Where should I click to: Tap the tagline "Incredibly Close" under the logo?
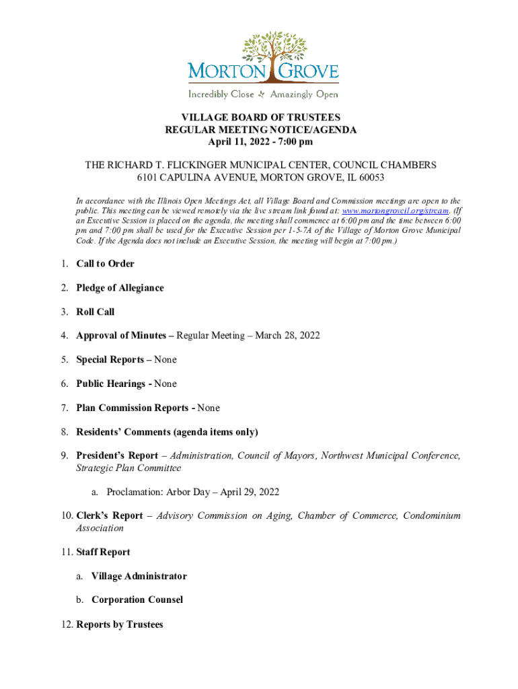pyautogui.click(x=221, y=94)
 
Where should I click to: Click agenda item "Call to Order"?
pyautogui.click(x=105, y=264)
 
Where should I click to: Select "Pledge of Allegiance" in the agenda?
pyautogui.click(x=120, y=288)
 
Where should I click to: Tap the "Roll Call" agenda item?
pyautogui.click(x=96, y=312)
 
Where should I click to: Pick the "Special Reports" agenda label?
pyautogui.click(x=110, y=360)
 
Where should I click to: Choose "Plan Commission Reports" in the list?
pyautogui.click(x=133, y=408)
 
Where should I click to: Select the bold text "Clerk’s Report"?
pyautogui.click(x=110, y=516)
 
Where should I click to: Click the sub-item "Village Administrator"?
pyautogui.click(x=139, y=576)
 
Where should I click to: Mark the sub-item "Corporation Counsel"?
pyautogui.click(x=137, y=600)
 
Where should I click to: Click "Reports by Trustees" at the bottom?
pyautogui.click(x=120, y=624)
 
